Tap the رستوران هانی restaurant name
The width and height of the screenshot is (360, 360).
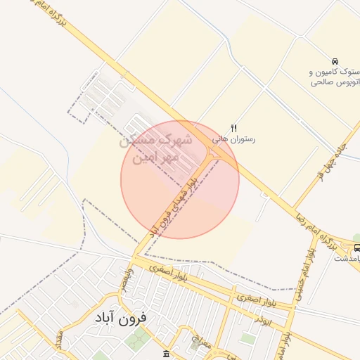(234, 139)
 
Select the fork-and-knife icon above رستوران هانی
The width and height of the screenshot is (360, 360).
(233, 127)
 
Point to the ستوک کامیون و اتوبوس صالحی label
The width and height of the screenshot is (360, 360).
(335, 77)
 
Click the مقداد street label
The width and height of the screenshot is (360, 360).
(59, 340)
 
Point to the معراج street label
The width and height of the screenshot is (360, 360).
(204, 342)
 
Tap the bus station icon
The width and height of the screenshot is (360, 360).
(358, 247)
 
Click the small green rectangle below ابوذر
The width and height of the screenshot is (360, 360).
(247, 338)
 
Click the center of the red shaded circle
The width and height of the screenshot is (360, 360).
(180, 179)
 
